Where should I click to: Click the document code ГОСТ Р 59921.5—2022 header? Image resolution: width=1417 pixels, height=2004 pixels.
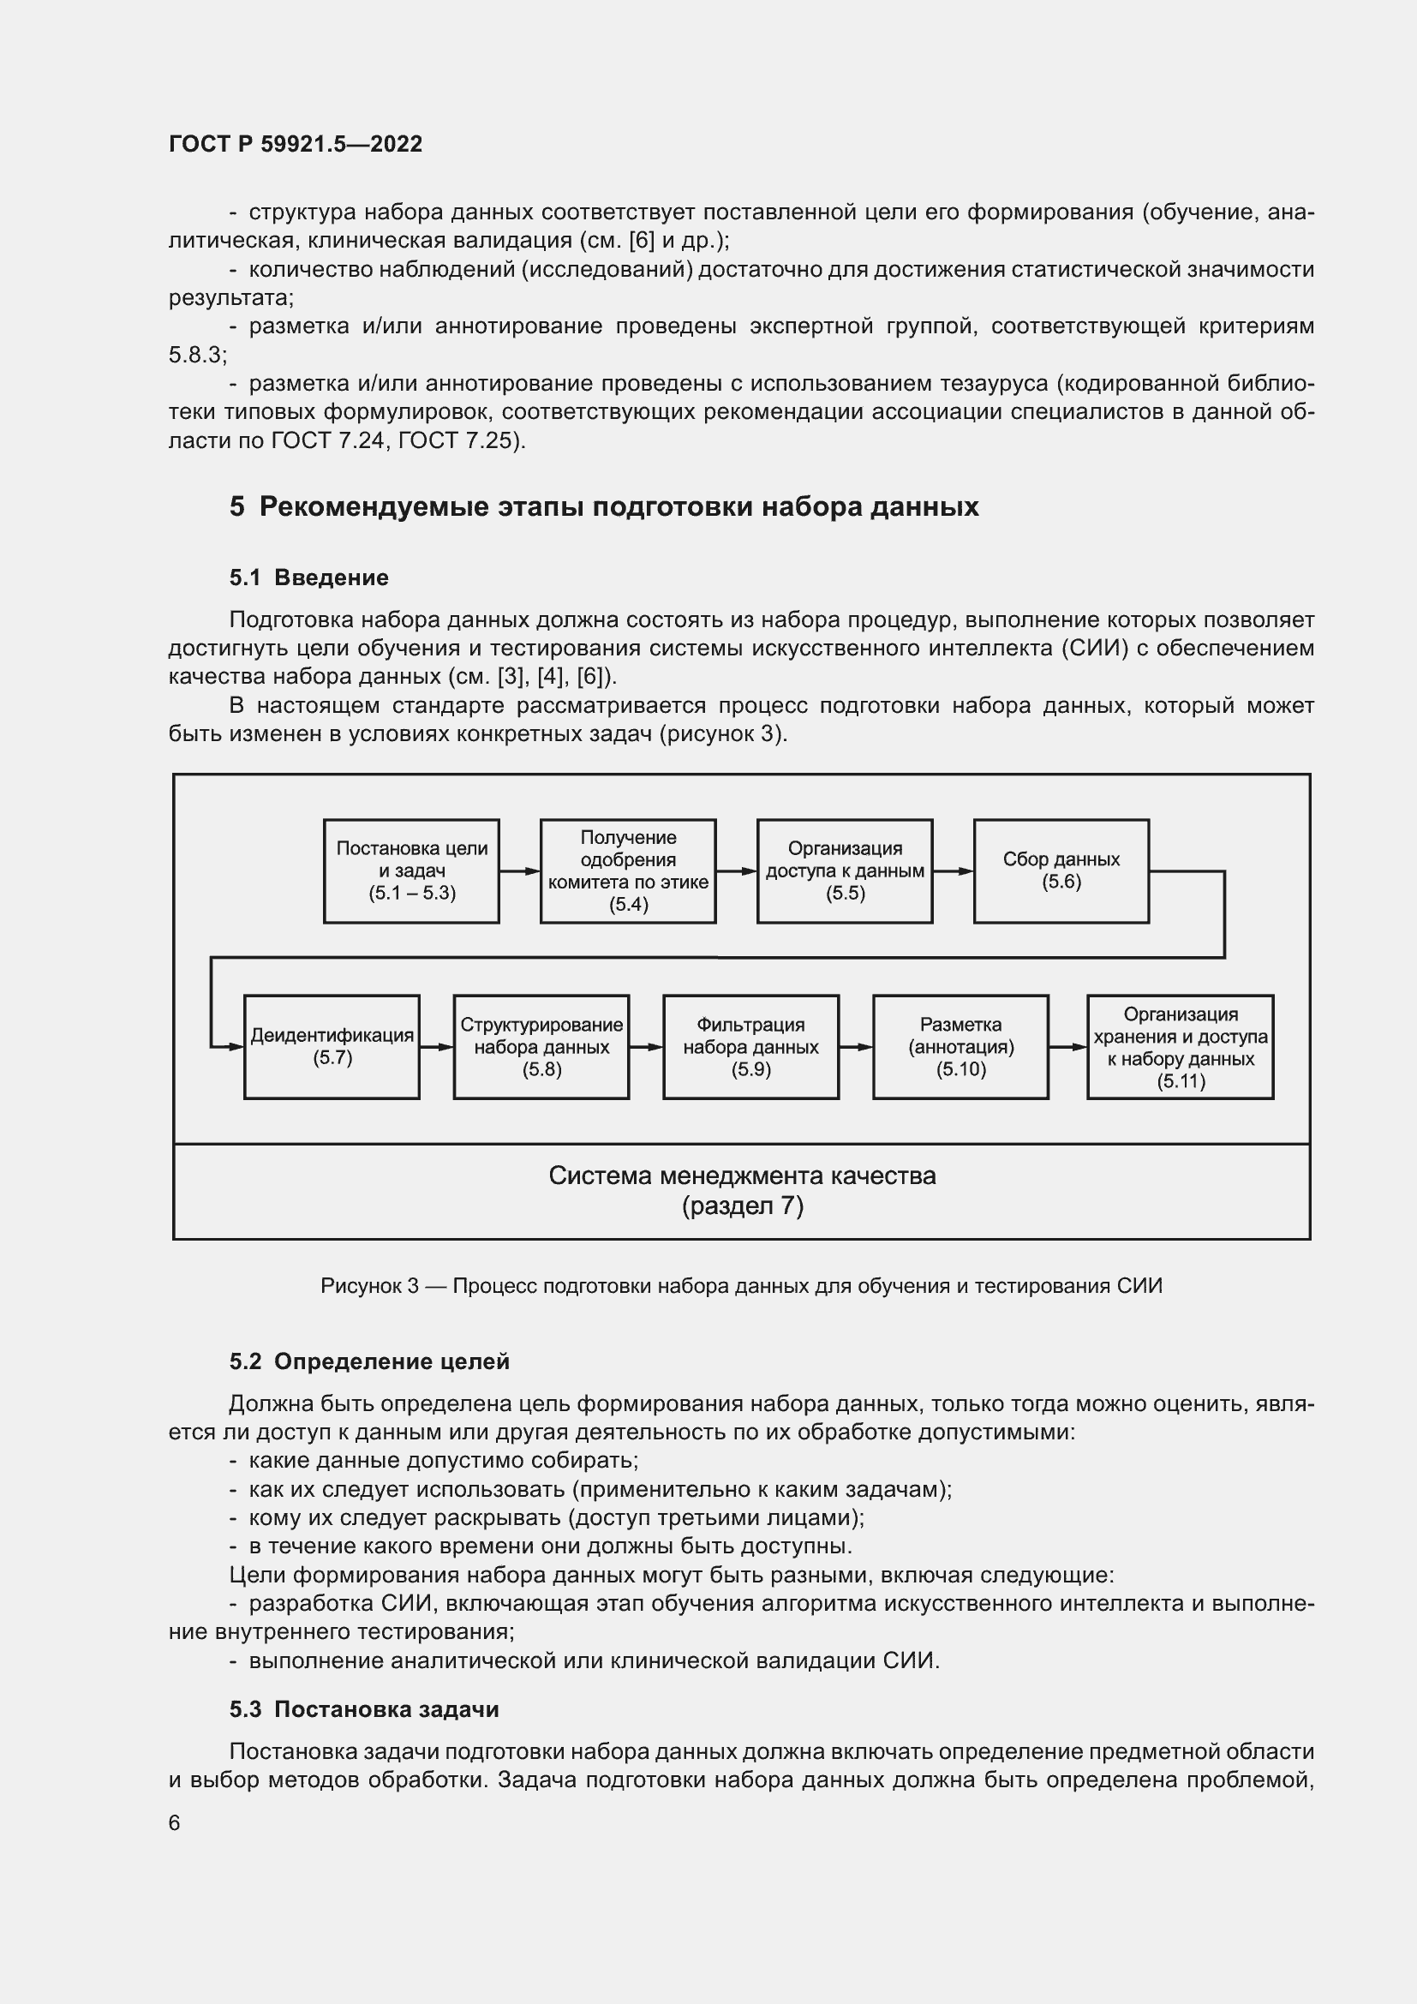pyautogui.click(x=295, y=144)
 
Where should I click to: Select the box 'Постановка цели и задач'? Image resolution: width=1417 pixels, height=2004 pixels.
pyautogui.click(x=411, y=871)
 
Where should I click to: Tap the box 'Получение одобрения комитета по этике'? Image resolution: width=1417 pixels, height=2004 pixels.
pyautogui.click(x=627, y=871)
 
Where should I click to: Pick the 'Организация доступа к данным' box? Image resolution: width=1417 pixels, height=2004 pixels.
pyautogui.click(x=844, y=871)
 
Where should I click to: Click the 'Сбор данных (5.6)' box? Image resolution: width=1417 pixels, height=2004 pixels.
pyautogui.click(x=1060, y=871)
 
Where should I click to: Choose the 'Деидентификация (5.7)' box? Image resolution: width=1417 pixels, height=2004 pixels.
pyautogui.click(x=332, y=1046)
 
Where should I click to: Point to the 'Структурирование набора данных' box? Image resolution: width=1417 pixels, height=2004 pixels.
pyautogui.click(x=541, y=1046)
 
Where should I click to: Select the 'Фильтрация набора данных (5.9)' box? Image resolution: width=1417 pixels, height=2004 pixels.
pyautogui.click(x=750, y=1046)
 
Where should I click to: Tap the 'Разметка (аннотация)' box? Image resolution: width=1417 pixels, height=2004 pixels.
pyautogui.click(x=960, y=1046)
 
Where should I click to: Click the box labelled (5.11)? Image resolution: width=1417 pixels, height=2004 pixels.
pyautogui.click(x=1180, y=1046)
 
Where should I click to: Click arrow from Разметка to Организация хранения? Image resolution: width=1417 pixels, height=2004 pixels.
pyautogui.click(x=1067, y=1046)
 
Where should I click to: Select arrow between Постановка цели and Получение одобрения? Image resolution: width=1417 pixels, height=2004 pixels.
pyautogui.click(x=519, y=871)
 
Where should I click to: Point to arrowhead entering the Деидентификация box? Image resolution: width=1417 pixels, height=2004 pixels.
pyautogui.click(x=236, y=1046)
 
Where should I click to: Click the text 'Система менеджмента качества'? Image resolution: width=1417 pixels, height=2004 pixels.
pyautogui.click(x=742, y=1175)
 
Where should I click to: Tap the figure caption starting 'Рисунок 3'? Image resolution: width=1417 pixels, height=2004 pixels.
pyautogui.click(x=741, y=1286)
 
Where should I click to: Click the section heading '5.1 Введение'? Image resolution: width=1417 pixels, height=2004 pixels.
pyautogui.click(x=309, y=577)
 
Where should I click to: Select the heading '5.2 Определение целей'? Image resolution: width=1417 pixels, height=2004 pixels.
pyautogui.click(x=369, y=1361)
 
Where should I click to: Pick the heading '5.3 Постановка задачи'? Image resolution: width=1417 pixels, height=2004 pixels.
pyautogui.click(x=364, y=1709)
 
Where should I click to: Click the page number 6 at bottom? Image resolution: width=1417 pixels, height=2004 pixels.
pyautogui.click(x=175, y=1822)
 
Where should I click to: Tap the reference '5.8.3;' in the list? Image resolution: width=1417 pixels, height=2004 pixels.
pyautogui.click(x=197, y=356)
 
